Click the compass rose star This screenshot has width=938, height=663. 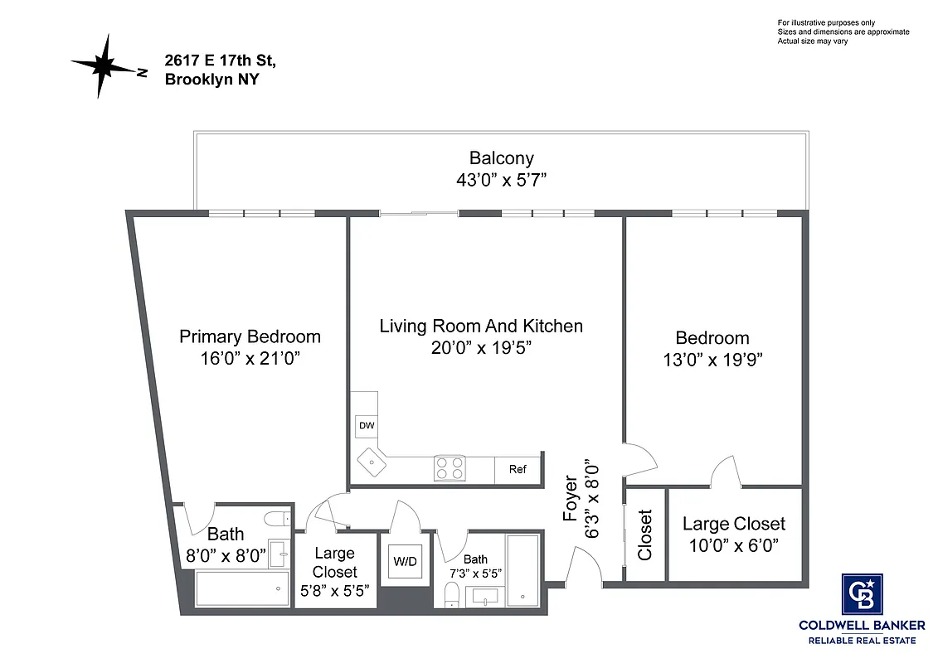104,65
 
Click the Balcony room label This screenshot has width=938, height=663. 501,157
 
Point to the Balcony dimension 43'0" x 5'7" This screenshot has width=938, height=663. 501,179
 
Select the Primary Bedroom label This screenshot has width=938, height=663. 250,336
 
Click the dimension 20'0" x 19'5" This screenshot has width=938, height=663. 481,347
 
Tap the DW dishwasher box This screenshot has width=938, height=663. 366,426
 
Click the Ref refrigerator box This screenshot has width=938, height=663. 518,469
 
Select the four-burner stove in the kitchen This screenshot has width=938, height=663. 450,468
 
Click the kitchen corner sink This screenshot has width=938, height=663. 369,462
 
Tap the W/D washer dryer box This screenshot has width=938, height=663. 405,561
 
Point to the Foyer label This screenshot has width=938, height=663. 571,498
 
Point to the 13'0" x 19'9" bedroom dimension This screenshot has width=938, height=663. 712,360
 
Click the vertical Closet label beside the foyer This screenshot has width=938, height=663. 645,535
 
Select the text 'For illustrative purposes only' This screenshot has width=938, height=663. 826,22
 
